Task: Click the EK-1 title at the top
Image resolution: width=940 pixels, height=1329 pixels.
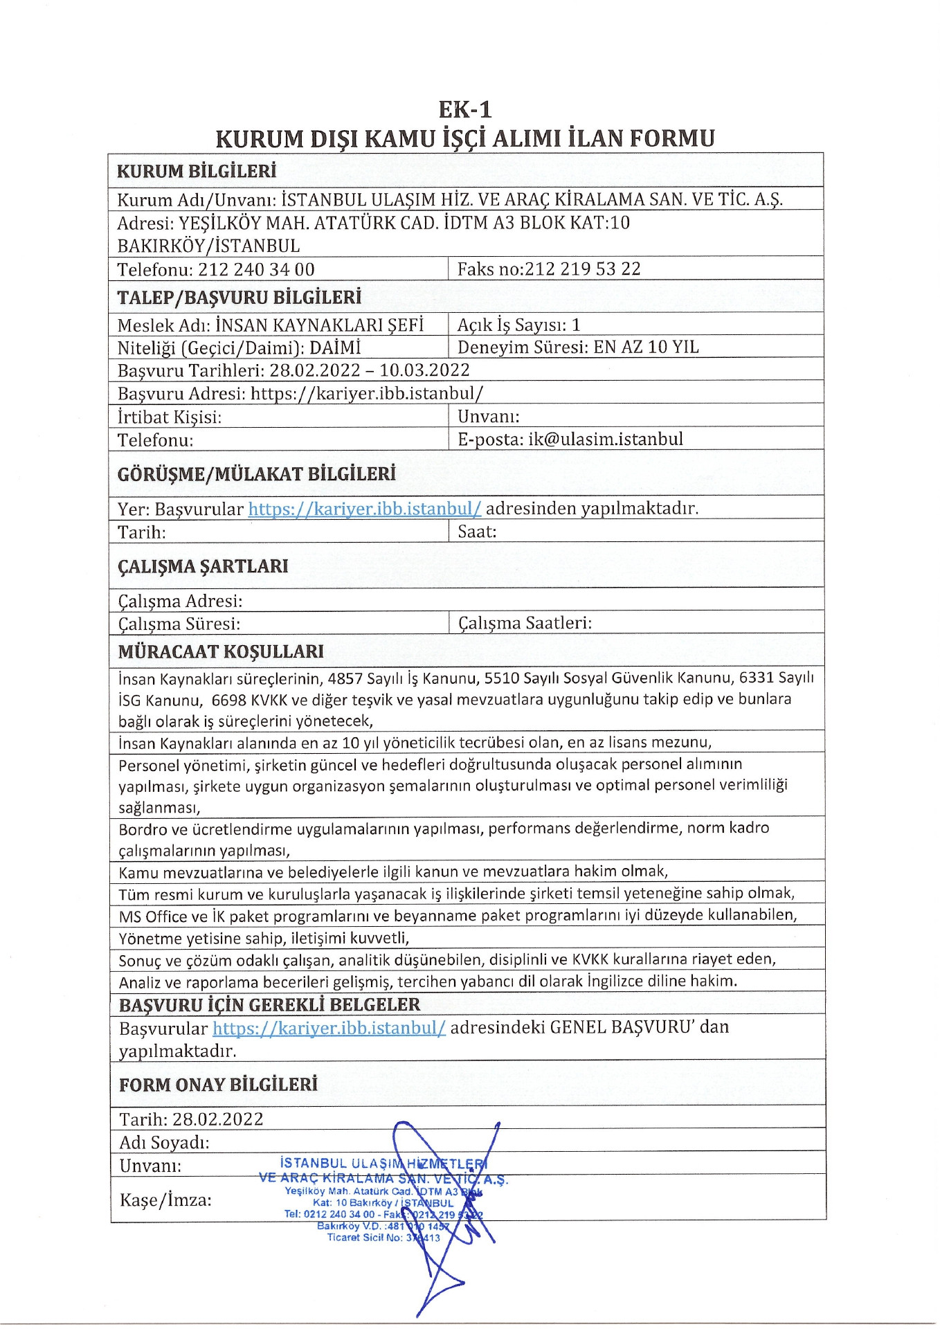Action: point(464,109)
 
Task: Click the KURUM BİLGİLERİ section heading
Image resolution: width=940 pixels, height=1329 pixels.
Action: point(197,171)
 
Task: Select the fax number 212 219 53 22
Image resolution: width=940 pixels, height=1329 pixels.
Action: point(582,269)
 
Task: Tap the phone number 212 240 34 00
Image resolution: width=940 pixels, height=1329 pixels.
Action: point(256,269)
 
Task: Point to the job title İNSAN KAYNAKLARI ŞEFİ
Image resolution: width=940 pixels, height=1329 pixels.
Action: point(319,325)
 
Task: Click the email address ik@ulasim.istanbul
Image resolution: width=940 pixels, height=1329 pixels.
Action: point(605,439)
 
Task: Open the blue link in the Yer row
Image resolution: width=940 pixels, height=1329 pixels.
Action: point(365,509)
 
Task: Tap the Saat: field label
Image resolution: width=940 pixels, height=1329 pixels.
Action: point(477,532)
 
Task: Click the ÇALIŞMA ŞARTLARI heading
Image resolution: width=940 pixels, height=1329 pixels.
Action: point(203,566)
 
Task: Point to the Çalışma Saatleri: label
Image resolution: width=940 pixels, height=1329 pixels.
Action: point(525,623)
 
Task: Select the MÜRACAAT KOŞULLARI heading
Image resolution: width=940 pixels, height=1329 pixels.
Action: point(221,651)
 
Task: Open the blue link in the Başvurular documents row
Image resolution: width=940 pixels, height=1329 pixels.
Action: point(329,1027)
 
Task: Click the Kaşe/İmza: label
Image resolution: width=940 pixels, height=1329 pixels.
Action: point(165,1200)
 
